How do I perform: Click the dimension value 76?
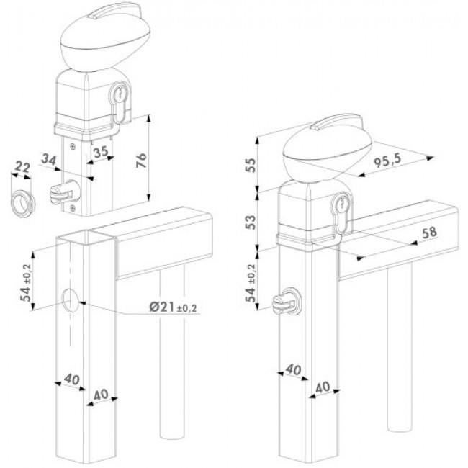click(141, 161)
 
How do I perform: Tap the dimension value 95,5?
click(387, 161)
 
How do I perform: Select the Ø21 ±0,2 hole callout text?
click(174, 307)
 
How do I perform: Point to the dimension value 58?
click(429, 233)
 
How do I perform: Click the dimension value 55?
click(251, 165)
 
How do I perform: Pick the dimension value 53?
click(251, 222)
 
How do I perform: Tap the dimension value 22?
click(22, 168)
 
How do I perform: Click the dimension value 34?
click(49, 160)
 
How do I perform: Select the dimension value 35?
click(101, 152)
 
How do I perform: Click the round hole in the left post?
click(70, 300)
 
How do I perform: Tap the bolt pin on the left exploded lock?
click(64, 192)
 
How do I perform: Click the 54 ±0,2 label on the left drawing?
click(27, 282)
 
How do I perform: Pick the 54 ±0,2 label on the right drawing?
click(251, 282)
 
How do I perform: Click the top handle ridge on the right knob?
click(336, 123)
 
